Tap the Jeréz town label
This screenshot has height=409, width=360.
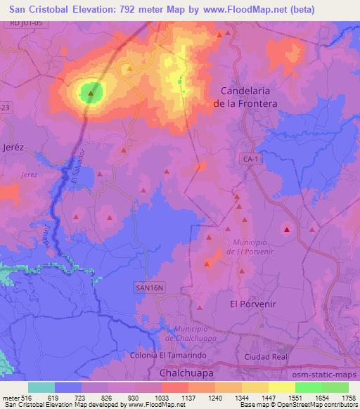coord(13,148)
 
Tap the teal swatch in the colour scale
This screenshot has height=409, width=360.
coord(41,387)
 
